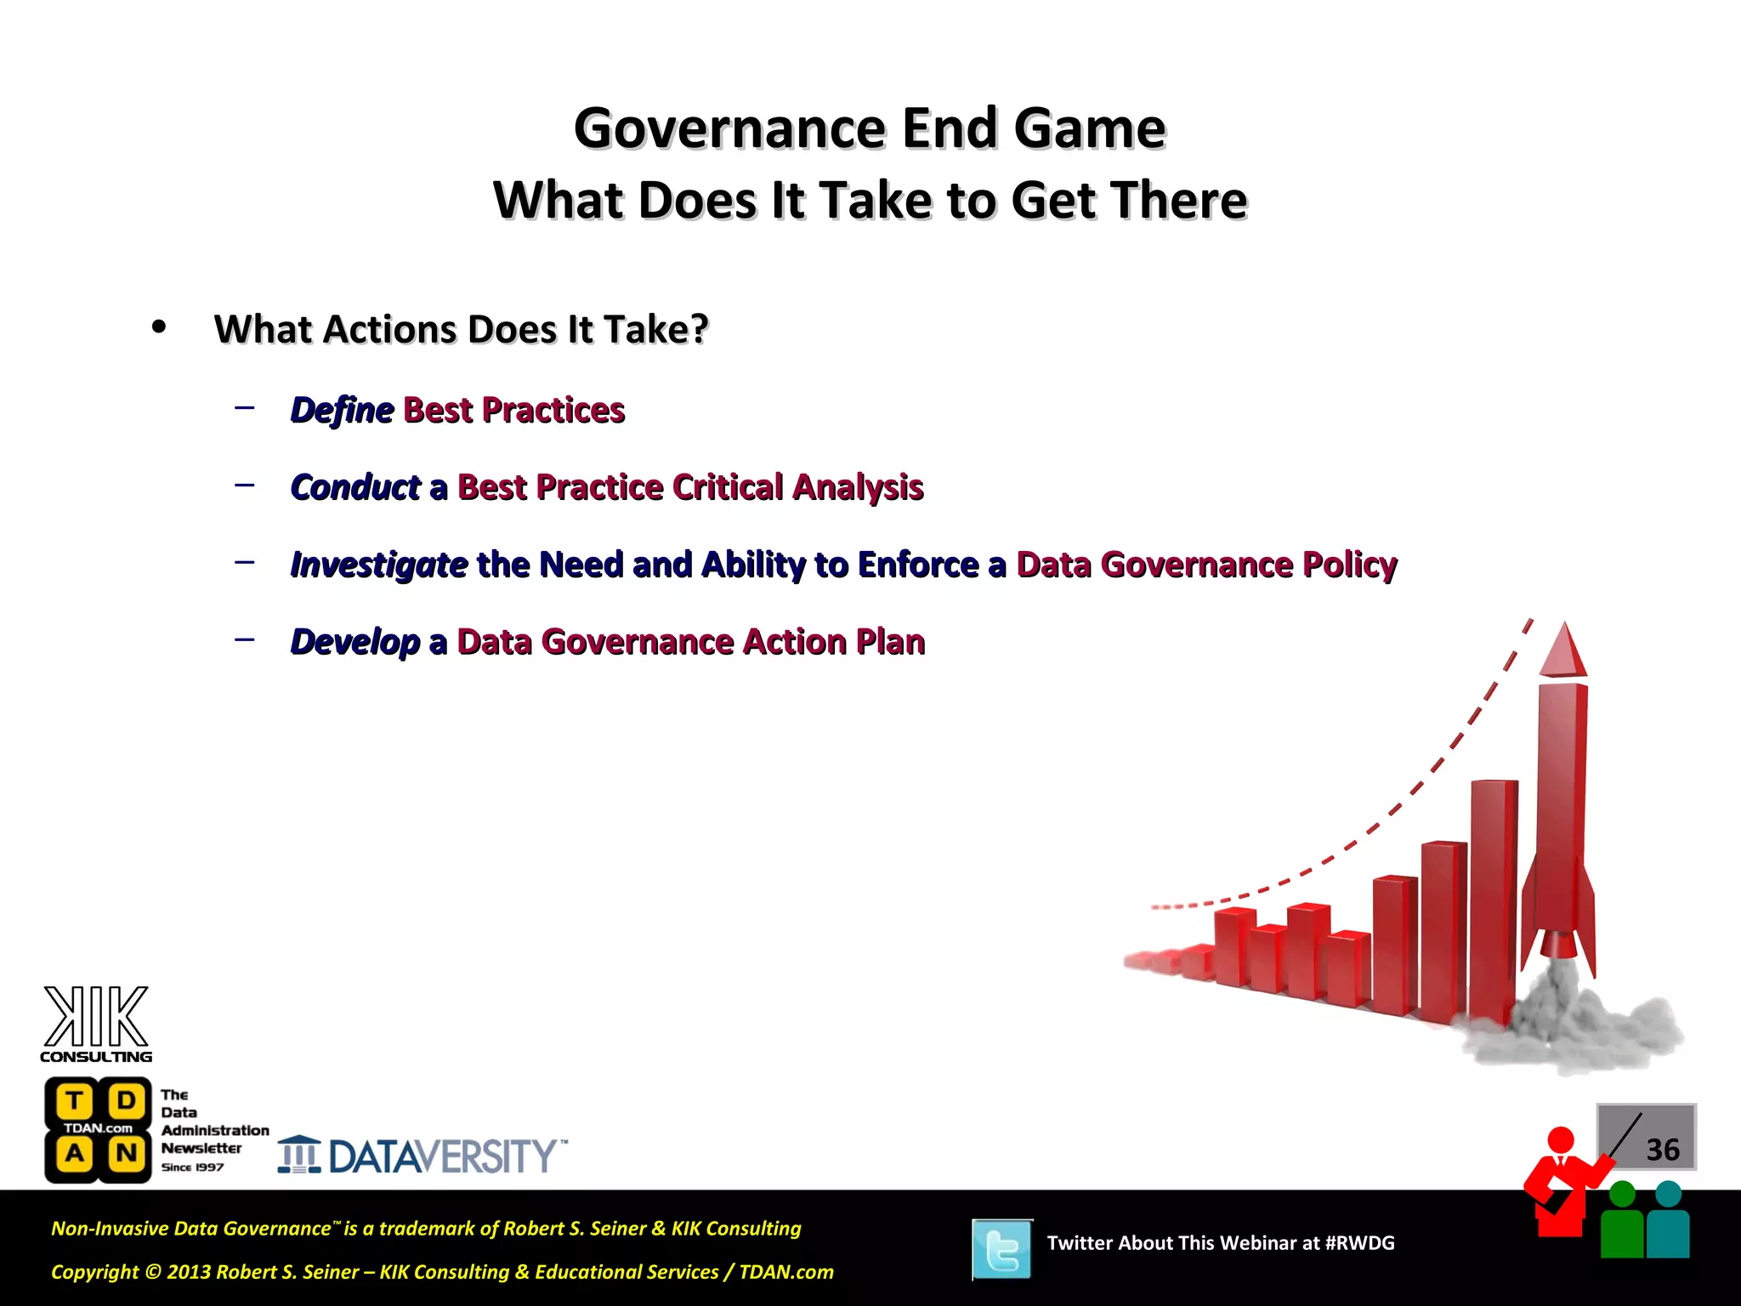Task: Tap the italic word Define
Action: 342,411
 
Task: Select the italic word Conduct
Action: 355,488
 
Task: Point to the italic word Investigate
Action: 378,565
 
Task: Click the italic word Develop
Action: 355,642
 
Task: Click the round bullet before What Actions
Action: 159,327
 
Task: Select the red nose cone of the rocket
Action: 1563,651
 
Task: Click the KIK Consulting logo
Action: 96,1025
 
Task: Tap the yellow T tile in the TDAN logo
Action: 75,1101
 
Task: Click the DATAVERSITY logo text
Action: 442,1156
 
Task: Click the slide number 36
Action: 1662,1150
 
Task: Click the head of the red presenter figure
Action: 1561,1139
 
